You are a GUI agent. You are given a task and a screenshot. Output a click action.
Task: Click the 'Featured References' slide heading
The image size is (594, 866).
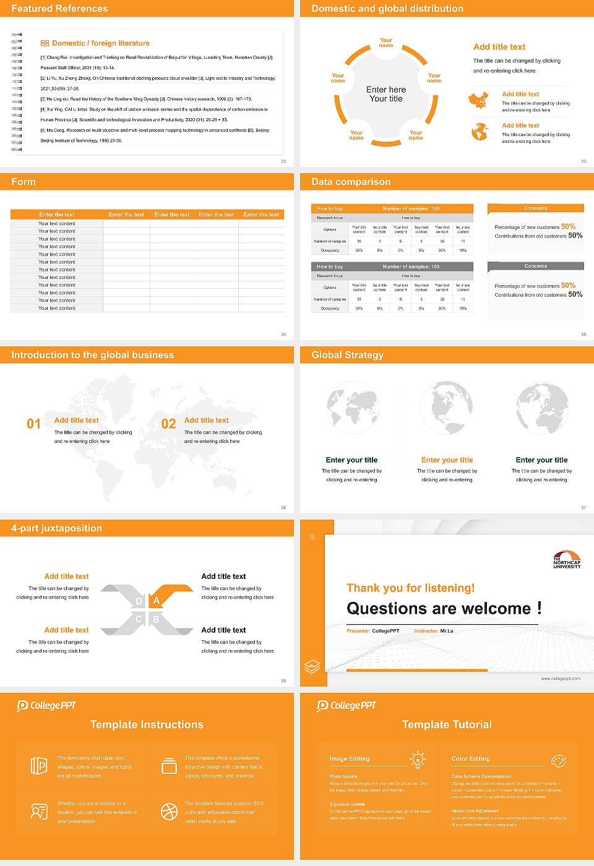tap(59, 9)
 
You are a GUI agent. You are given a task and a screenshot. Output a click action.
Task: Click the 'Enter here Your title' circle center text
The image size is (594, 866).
tap(386, 94)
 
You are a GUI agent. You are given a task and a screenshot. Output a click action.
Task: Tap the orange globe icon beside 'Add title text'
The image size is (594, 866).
tap(480, 131)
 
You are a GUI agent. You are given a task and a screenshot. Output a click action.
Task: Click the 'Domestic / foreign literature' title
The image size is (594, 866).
tap(100, 43)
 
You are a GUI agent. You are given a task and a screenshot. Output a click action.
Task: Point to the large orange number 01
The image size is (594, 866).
tap(33, 424)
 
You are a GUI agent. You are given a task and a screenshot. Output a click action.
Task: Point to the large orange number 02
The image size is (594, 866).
tap(168, 424)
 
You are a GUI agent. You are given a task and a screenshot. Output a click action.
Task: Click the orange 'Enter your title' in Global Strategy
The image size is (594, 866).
tap(447, 460)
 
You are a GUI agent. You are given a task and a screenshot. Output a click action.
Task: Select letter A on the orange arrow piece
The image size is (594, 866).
tap(157, 600)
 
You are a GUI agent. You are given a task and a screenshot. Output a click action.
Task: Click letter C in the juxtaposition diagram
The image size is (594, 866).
tap(139, 619)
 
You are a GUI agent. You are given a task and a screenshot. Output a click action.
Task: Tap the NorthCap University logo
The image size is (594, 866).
tap(567, 559)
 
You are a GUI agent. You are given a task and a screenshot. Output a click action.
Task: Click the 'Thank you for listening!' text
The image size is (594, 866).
tap(410, 588)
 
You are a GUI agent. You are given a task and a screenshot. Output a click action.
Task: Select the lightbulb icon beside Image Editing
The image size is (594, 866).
tap(418, 759)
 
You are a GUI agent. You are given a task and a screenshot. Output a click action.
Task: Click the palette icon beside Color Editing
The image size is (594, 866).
tap(558, 760)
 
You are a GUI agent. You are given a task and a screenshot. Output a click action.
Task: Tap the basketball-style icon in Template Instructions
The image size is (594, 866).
tap(169, 811)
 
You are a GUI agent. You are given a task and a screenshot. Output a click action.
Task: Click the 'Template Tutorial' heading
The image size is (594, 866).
tap(447, 724)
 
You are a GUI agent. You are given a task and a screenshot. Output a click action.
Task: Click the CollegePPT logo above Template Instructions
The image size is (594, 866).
tap(46, 705)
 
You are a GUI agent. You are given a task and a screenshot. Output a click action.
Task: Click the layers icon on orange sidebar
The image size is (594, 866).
tap(312, 666)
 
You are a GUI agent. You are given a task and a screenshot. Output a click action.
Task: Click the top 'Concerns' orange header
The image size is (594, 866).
tap(535, 208)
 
